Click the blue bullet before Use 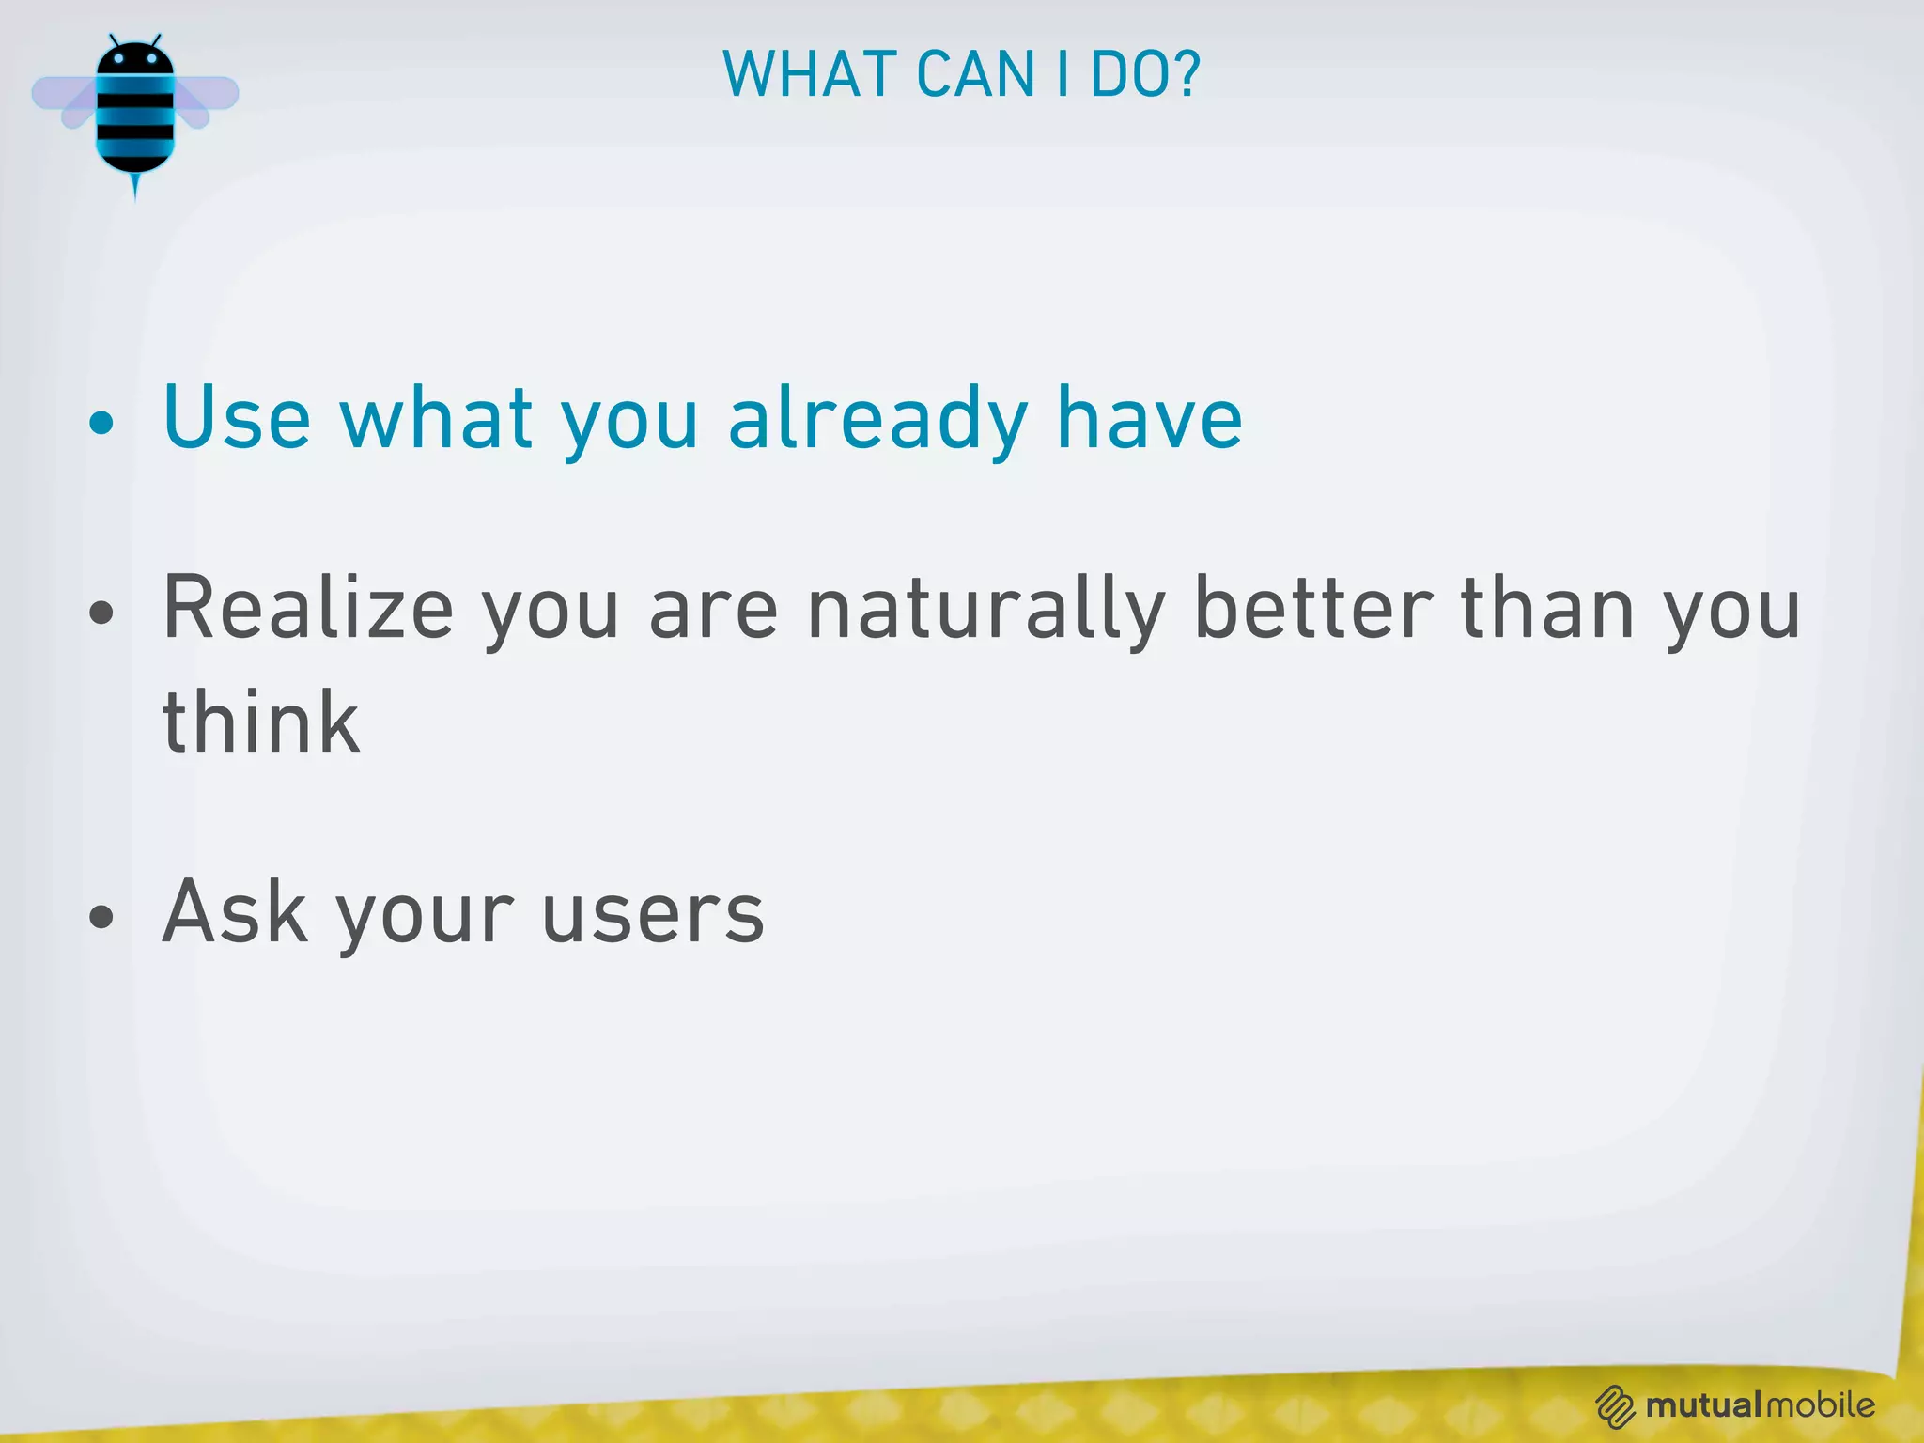pos(101,423)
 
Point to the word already pos(877,420)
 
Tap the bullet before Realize pos(101,613)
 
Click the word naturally pos(986,611)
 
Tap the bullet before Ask pos(101,916)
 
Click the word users pos(654,913)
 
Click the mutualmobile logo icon pos(1615,1406)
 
